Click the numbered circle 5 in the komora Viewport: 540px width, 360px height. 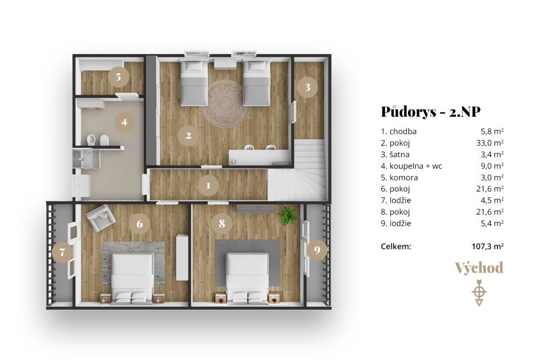(119, 77)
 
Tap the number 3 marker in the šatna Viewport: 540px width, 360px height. (307, 87)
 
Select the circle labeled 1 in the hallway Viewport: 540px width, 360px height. (208, 185)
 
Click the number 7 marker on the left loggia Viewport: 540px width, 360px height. (62, 252)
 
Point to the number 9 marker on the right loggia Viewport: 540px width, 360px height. (317, 250)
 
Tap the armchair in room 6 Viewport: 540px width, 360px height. (101, 218)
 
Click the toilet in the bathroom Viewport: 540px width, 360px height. (91, 140)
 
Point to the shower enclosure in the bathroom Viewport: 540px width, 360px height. (86, 159)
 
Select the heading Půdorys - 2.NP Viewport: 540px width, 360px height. (431, 111)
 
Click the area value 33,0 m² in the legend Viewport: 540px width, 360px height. (490, 142)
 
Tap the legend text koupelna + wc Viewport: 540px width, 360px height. (416, 166)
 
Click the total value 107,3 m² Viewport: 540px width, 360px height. (487, 246)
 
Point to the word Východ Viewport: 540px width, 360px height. (479, 268)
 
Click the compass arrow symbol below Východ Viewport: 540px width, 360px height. (479, 293)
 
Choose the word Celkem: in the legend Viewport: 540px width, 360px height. (396, 246)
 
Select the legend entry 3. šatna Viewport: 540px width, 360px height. (395, 154)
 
